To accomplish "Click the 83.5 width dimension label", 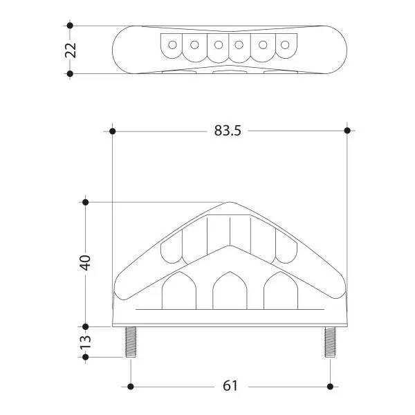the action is click(x=228, y=131).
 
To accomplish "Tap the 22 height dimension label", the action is click(x=71, y=50).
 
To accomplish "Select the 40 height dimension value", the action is click(x=86, y=263).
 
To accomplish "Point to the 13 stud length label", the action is click(x=86, y=342).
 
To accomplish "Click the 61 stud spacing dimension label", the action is click(x=230, y=386).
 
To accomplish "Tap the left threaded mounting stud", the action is click(x=131, y=342).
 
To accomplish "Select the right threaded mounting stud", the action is click(x=330, y=342).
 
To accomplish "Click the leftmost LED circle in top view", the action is click(x=172, y=45).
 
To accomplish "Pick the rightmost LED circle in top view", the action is click(x=285, y=45).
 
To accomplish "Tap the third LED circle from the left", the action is click(x=219, y=45).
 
